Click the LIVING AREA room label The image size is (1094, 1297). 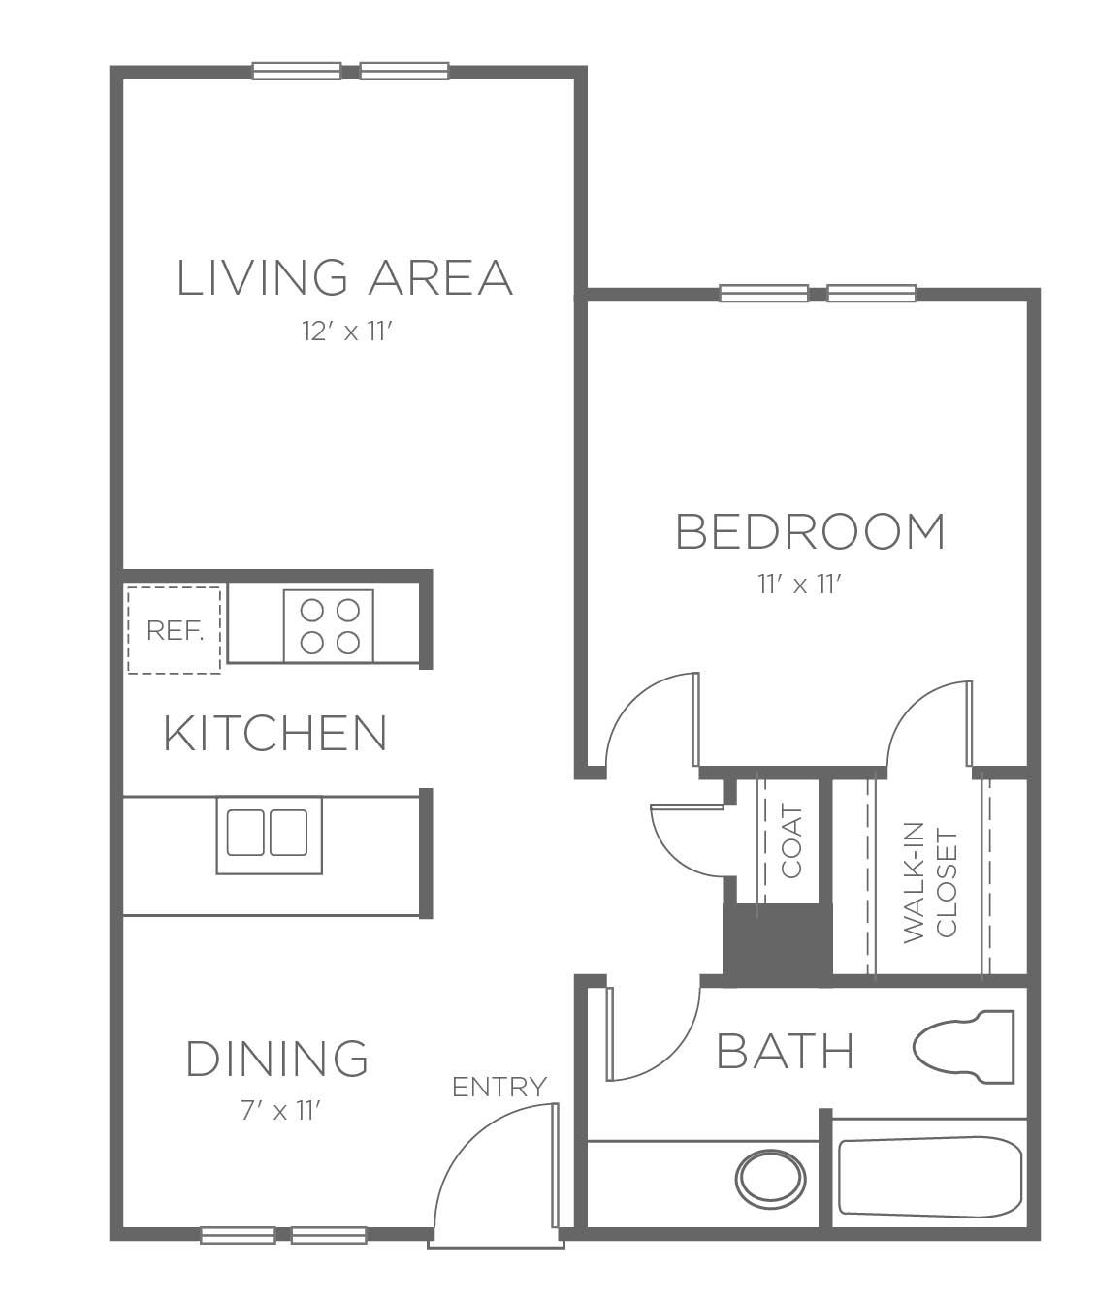(345, 277)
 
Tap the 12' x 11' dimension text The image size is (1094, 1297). (348, 332)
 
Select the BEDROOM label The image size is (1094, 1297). (810, 531)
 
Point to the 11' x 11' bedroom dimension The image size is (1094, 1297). (799, 585)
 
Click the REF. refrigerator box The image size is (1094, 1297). (174, 630)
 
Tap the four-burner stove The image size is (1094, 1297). (329, 625)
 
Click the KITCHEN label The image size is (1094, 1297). (274, 733)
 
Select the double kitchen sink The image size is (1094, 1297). (270, 836)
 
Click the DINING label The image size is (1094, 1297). (277, 1058)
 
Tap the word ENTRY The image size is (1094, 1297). (499, 1087)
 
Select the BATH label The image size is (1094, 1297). (785, 1051)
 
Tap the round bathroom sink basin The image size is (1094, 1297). (770, 1179)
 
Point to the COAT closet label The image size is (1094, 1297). (791, 841)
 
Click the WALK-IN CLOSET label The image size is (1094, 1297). (929, 883)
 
